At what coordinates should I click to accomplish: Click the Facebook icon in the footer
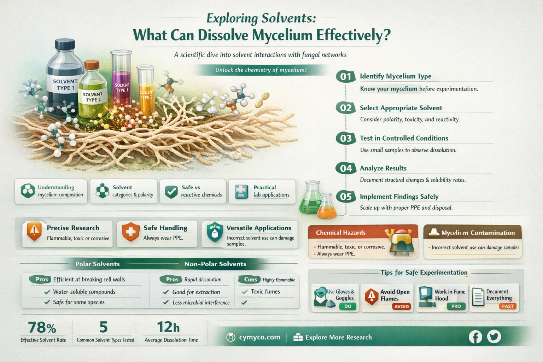click(x=475, y=337)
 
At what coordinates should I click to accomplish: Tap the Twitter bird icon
click(x=494, y=337)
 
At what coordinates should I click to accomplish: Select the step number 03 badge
click(x=346, y=139)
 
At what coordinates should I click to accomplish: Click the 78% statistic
click(x=42, y=327)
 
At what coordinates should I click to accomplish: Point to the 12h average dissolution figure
click(x=168, y=327)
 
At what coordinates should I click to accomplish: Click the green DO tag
click(x=348, y=306)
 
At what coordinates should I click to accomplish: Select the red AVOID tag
click(x=402, y=306)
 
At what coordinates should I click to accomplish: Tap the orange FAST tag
click(x=508, y=306)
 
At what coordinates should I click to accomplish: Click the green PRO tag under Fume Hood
click(x=456, y=306)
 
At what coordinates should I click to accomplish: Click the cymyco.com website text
click(x=259, y=337)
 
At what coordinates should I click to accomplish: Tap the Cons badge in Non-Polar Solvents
click(x=250, y=280)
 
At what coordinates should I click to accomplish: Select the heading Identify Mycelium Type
click(x=396, y=76)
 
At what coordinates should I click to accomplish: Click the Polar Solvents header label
click(x=98, y=264)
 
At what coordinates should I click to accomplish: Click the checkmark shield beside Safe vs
click(x=171, y=192)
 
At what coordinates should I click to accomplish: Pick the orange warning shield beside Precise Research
click(x=34, y=231)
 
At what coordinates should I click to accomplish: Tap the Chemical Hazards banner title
click(x=340, y=233)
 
